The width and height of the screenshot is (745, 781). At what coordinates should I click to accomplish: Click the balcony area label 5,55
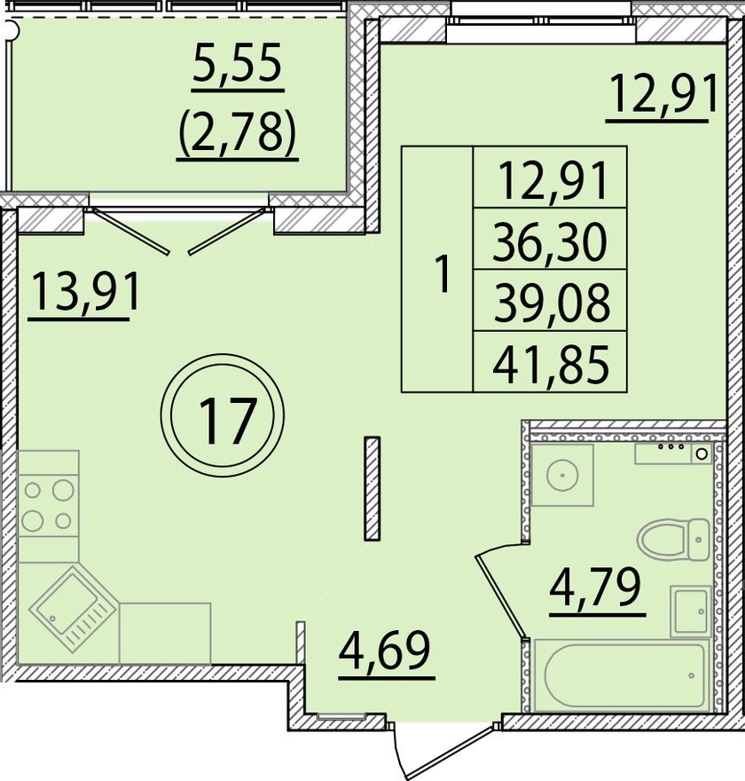238,63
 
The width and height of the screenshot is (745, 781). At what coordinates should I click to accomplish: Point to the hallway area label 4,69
384,651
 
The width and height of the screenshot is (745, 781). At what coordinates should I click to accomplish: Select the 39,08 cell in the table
550,300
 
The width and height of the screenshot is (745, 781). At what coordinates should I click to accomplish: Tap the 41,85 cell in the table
550,361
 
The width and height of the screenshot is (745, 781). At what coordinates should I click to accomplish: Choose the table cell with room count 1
437,269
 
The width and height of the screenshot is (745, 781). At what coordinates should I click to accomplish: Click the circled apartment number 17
223,417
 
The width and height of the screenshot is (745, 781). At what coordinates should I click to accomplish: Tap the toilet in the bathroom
673,540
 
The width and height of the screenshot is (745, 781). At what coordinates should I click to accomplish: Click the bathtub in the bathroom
622,675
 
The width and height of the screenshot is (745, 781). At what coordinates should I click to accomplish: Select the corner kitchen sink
73,609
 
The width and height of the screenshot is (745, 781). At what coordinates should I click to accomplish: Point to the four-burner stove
48,506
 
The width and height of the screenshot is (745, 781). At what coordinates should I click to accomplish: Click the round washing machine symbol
562,475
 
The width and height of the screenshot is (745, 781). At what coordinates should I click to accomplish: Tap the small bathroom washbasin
691,611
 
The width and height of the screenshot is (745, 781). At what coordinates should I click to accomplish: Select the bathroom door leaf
500,596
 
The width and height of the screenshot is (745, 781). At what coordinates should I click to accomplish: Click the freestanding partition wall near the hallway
372,488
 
